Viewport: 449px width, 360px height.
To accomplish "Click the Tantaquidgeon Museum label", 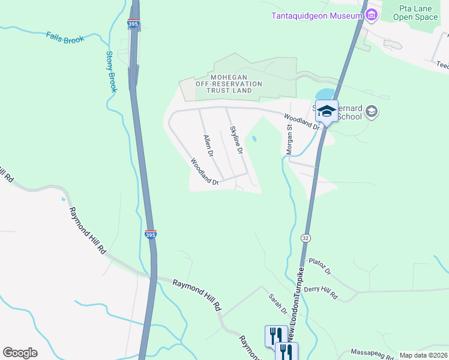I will [x=316, y=14].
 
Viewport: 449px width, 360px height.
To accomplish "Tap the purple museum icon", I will [x=372, y=14].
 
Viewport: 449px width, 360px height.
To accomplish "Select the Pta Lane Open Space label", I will [x=415, y=13].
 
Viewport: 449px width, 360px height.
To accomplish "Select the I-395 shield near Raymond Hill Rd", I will [x=150, y=235].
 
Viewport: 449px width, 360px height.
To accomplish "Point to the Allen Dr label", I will [x=208, y=146].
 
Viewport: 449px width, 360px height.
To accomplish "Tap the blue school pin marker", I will [x=327, y=112].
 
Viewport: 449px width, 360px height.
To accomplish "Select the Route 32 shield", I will [x=306, y=238].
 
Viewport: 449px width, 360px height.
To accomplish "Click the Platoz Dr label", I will [x=320, y=266].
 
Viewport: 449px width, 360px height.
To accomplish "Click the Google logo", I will [x=20, y=352].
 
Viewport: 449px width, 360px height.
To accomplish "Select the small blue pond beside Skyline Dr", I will [x=255, y=139].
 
